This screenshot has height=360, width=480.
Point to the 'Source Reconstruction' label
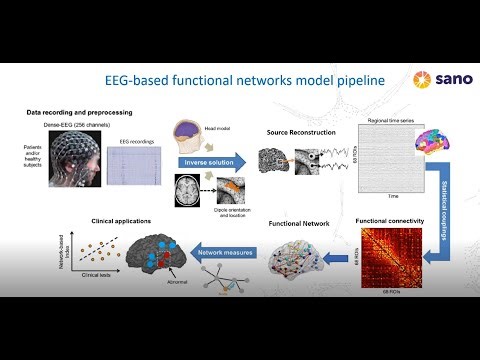301,131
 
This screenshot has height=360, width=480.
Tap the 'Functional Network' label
299,225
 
